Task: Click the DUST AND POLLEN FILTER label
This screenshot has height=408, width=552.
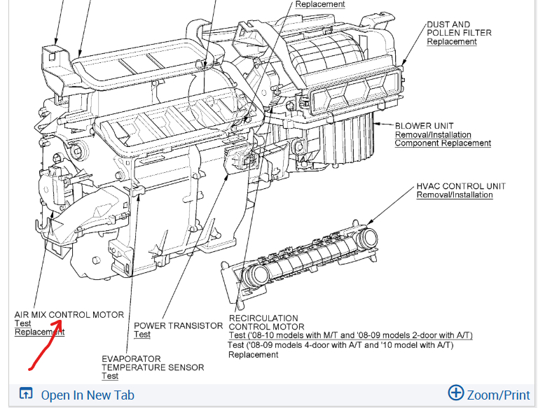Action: point(459,29)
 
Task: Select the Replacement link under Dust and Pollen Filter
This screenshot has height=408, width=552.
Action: point(452,42)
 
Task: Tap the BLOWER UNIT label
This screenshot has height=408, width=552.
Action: point(424,126)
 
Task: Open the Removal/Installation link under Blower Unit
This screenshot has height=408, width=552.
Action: point(433,135)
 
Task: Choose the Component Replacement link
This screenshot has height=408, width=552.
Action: point(443,143)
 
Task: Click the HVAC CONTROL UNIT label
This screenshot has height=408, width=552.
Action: point(461,186)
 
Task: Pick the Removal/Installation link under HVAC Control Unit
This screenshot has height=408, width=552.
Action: point(455,195)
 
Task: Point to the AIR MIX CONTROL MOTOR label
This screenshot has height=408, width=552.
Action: point(69,315)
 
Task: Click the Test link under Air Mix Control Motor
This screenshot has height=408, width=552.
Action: point(22,323)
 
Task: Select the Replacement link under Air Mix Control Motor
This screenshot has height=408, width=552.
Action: point(39,332)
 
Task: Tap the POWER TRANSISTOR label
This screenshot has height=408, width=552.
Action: point(178,326)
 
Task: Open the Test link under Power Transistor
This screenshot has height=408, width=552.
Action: point(142,335)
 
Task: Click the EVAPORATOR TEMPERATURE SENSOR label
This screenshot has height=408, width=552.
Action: point(153,363)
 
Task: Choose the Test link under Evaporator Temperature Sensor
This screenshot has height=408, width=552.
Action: point(109,376)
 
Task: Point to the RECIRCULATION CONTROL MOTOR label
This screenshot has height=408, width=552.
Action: point(266,323)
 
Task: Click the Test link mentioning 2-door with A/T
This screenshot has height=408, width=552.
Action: point(350,335)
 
